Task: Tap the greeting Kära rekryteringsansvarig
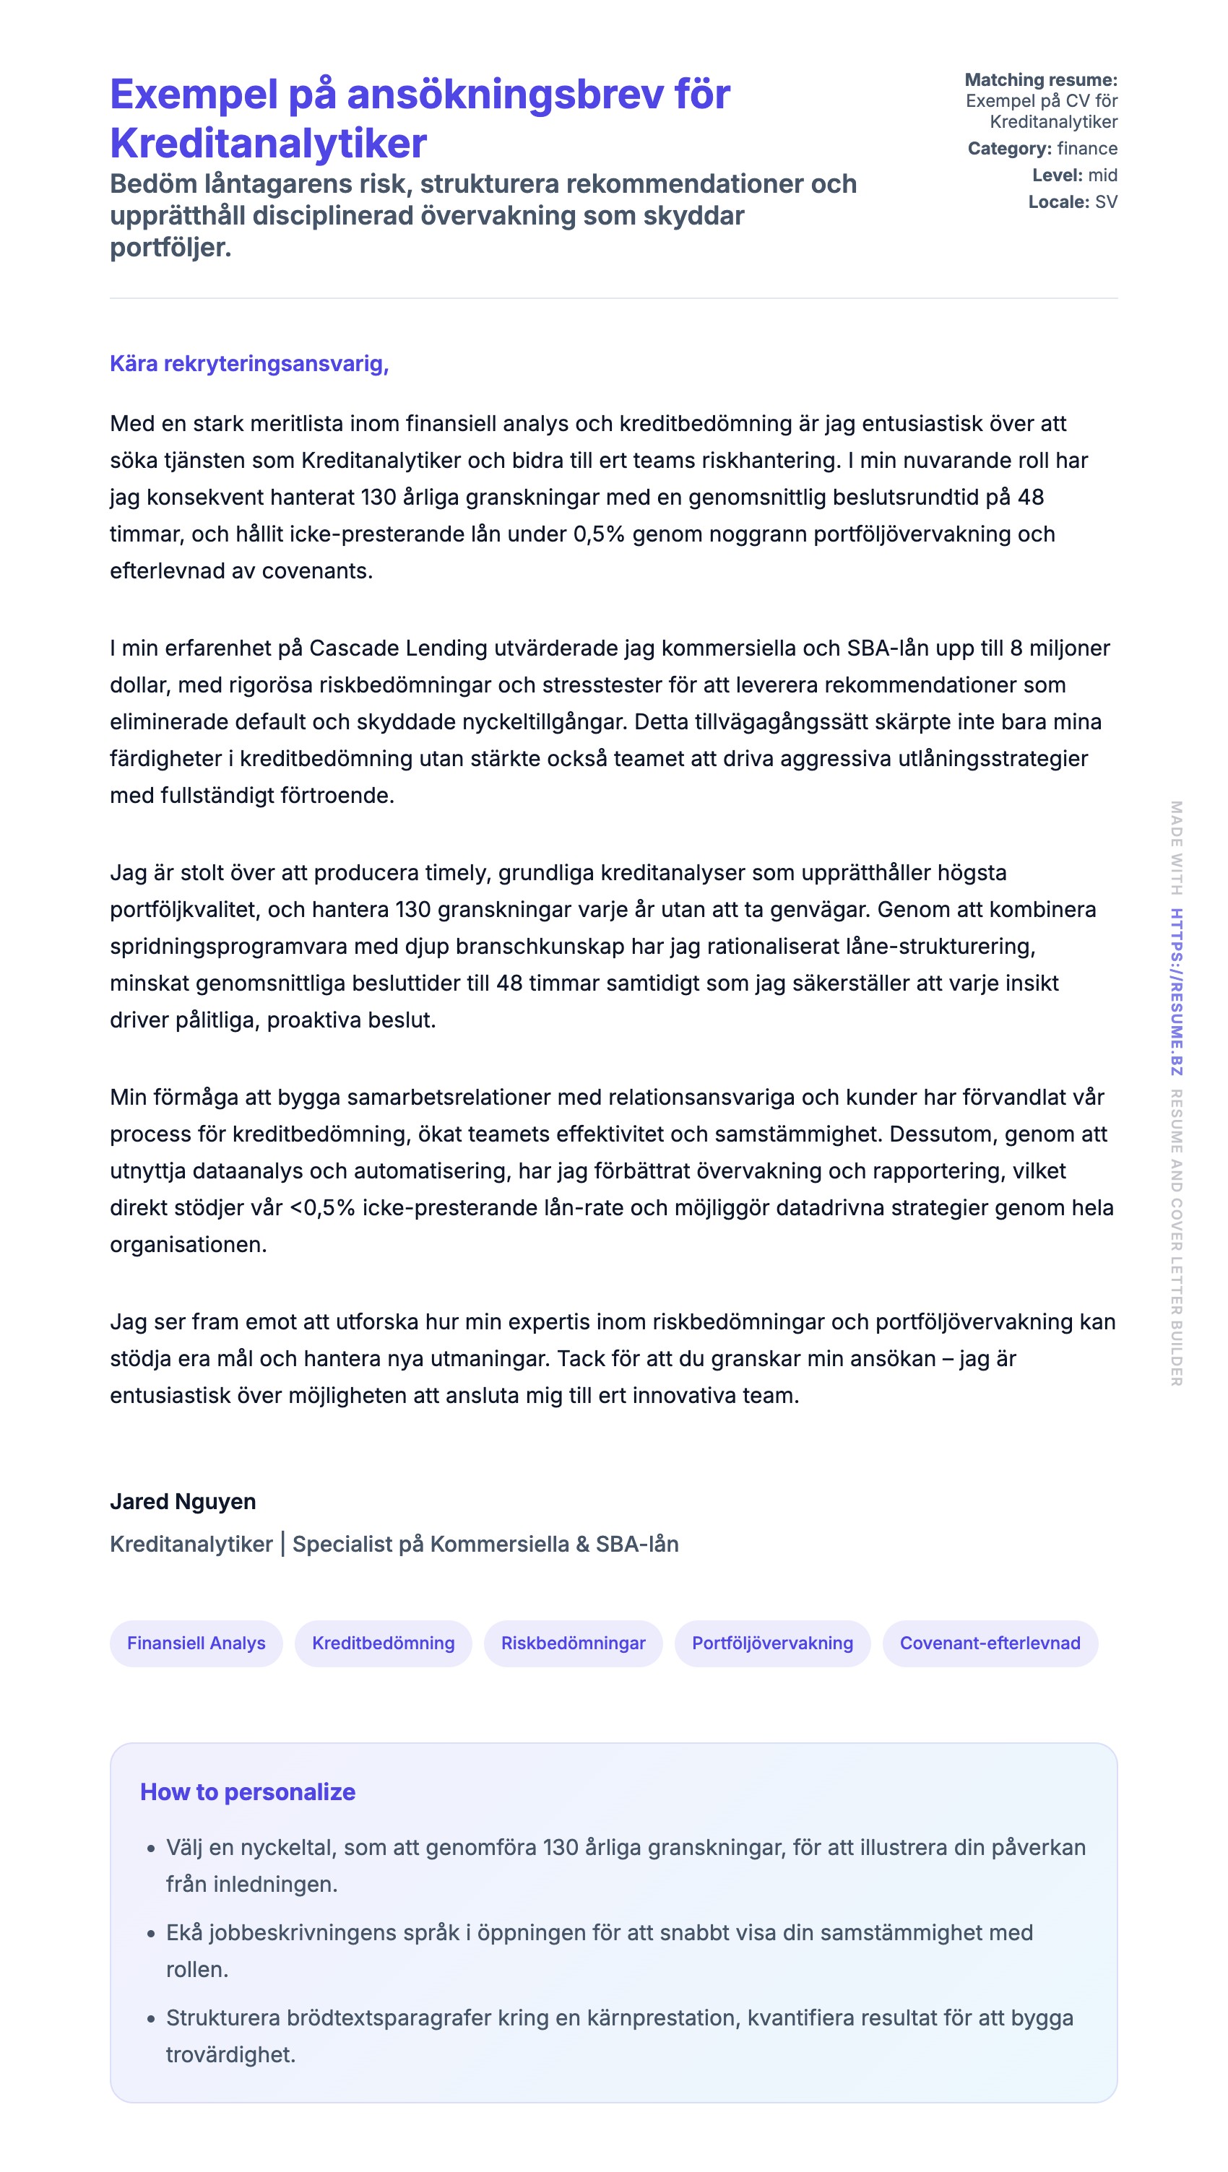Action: coord(248,363)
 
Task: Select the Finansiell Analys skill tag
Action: coord(196,1643)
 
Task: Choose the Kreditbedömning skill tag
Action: coord(383,1643)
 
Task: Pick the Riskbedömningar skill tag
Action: coord(573,1643)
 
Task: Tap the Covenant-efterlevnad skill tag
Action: coord(990,1643)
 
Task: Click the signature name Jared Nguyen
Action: coord(183,1501)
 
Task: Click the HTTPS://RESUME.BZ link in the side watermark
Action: coord(1176,991)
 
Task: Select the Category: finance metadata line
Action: coord(1042,149)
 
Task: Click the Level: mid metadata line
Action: coord(1075,175)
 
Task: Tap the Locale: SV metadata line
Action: coord(1073,202)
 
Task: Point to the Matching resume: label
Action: coord(1041,80)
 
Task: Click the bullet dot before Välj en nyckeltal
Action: coord(151,1849)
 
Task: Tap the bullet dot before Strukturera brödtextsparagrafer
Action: coord(151,2018)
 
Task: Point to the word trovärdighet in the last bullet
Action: coord(230,2055)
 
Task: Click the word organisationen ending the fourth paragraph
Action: coord(188,1245)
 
